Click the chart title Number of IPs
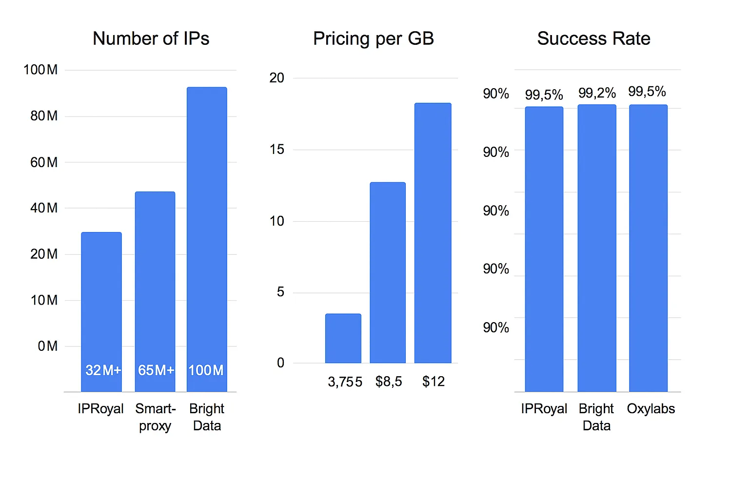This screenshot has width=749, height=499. [151, 38]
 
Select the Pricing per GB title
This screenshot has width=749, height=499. [374, 38]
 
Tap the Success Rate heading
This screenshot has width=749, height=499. [593, 38]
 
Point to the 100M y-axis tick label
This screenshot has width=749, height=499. [40, 70]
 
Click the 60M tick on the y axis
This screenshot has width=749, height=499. [44, 162]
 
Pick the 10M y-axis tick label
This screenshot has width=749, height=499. [44, 300]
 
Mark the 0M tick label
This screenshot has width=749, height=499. [47, 346]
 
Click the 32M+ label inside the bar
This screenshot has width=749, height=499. [103, 370]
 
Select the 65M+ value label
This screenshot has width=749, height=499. [156, 370]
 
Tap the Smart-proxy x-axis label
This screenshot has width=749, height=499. [155, 417]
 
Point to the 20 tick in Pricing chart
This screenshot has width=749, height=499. [276, 78]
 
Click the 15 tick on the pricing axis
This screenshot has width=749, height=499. [276, 150]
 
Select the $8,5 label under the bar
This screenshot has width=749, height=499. [389, 382]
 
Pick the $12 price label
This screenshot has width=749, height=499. [434, 382]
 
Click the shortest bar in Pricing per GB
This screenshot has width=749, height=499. [343, 338]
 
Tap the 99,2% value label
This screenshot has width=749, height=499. [597, 93]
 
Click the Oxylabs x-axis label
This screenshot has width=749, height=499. [650, 408]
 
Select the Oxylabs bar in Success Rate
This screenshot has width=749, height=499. [648, 249]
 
